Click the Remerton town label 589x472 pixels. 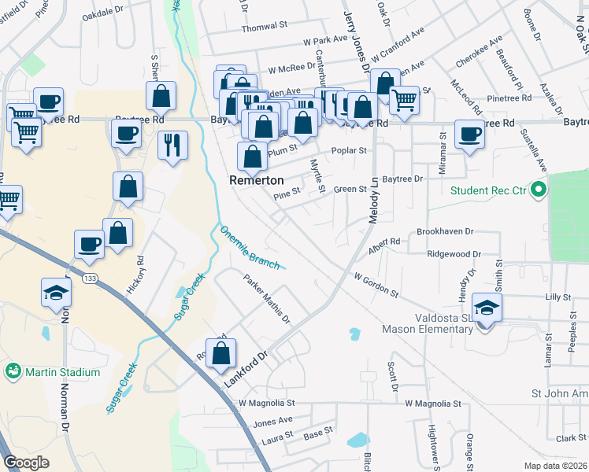click(x=256, y=180)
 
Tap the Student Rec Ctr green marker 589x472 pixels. click(x=539, y=190)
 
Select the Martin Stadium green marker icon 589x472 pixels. click(x=13, y=371)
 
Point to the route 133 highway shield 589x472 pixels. click(x=94, y=278)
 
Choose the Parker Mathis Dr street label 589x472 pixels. click(x=266, y=299)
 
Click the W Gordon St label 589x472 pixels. click(x=376, y=285)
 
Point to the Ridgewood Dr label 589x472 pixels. click(x=453, y=254)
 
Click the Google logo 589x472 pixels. click(x=26, y=463)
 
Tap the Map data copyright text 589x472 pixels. click(x=555, y=466)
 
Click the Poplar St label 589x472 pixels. click(x=349, y=150)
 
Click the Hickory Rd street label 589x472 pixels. click(x=140, y=270)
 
